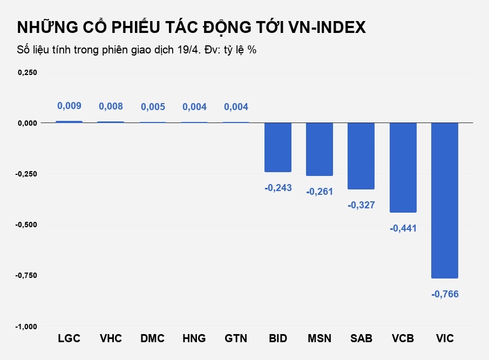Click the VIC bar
coord(445,200)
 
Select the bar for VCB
coord(403,167)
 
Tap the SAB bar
coord(361,155)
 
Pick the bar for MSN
coord(320,149)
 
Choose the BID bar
coord(278,147)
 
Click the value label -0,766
coord(445,294)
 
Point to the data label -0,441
coord(403,228)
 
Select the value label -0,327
coord(361,205)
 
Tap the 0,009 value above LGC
coord(69,106)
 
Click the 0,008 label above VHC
coord(111,107)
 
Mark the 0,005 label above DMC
coord(153,107)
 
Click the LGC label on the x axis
coord(69,339)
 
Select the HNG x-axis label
coord(194,339)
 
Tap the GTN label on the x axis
coord(236,339)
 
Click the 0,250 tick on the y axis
coord(28,72)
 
